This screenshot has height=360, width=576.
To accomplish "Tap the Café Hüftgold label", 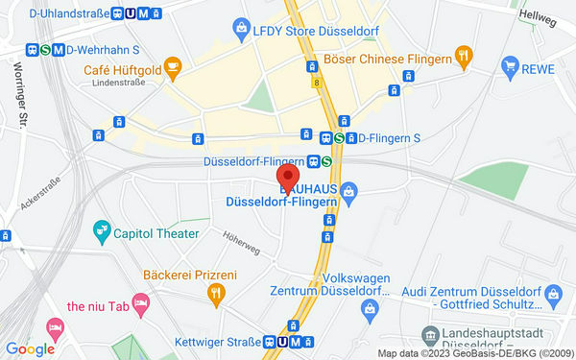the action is tap(121, 69).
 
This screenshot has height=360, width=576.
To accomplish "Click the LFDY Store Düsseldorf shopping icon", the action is tap(240, 30).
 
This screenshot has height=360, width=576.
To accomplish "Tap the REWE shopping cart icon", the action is tap(510, 65).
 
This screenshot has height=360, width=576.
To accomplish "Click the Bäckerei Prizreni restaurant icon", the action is tap(217, 293).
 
